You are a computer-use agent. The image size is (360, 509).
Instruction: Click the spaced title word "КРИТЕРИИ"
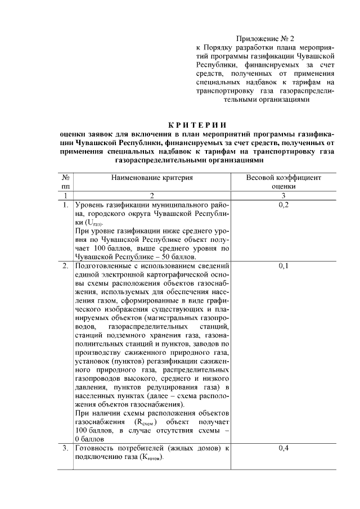click(200, 124)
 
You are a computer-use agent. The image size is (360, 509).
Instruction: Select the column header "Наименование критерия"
click(152, 177)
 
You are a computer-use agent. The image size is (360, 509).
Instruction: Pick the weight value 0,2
click(284, 204)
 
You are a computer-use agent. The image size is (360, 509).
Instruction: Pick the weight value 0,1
click(284, 265)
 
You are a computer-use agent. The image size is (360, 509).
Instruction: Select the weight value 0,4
click(284, 448)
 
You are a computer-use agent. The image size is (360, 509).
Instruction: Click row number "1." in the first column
click(66, 204)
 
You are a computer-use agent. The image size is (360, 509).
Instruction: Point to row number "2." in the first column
click(66, 265)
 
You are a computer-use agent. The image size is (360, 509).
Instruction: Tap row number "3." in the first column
click(66, 448)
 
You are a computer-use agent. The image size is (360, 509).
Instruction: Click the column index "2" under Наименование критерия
click(151, 195)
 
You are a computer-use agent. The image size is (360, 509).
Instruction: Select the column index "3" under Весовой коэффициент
click(284, 195)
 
